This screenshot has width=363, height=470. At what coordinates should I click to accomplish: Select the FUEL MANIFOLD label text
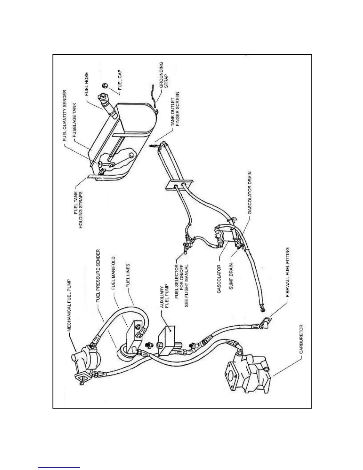pyautogui.click(x=114, y=273)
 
